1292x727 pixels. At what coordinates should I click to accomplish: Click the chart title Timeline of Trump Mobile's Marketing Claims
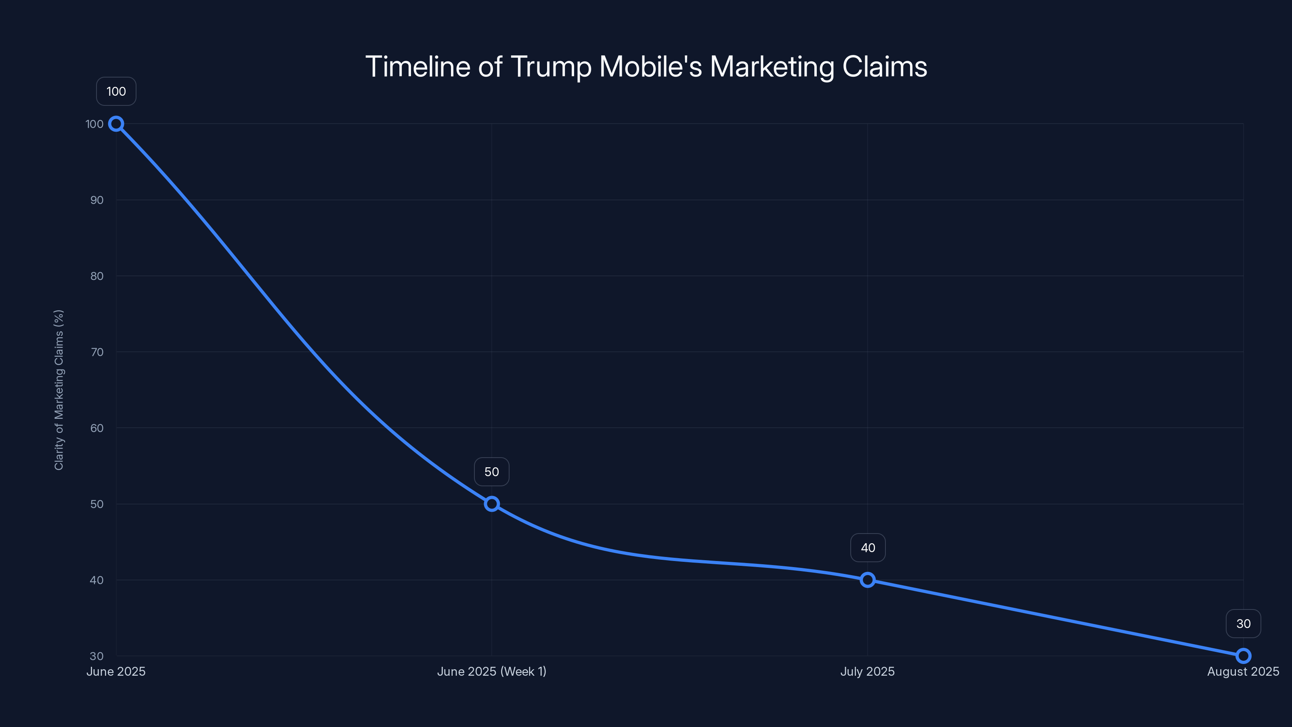[x=646, y=67]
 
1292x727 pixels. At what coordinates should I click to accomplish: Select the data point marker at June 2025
[x=116, y=124]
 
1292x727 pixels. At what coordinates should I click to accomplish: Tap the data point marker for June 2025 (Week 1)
[x=491, y=504]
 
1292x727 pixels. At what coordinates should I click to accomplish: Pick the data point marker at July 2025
[x=867, y=580]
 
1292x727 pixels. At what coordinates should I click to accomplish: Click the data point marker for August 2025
[x=1243, y=656]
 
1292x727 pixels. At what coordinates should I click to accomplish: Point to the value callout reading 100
[x=116, y=91]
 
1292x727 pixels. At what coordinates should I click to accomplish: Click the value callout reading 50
[x=491, y=472]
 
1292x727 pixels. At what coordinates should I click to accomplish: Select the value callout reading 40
[x=868, y=548]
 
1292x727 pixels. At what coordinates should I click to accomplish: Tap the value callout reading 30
[x=1243, y=624]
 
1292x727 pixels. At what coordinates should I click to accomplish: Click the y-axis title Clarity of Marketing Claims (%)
[x=59, y=390]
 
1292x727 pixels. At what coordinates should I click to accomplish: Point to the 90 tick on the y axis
[x=97, y=200]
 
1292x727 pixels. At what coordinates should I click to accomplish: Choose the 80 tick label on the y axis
[x=97, y=276]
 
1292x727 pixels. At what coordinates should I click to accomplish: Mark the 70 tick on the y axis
[x=97, y=352]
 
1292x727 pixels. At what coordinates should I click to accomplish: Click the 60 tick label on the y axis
[x=97, y=428]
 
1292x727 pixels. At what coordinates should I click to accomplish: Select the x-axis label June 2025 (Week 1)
[x=491, y=671]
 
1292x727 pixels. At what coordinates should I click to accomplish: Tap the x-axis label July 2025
[x=867, y=671]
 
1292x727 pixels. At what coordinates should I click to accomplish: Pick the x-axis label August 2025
[x=1243, y=671]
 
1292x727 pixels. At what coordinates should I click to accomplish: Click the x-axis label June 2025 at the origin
[x=116, y=671]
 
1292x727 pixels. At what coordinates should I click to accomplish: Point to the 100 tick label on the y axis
[x=94, y=124]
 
